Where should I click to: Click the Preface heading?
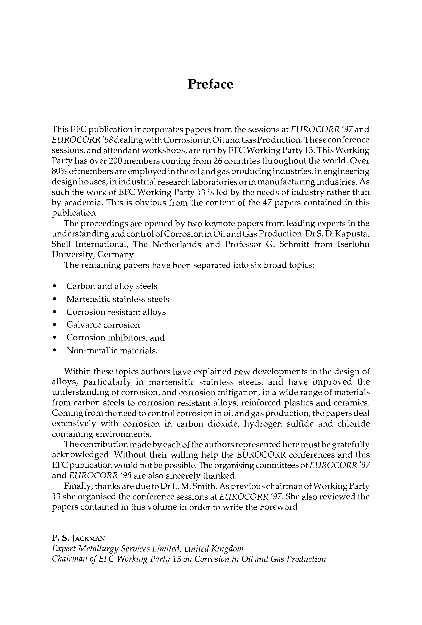click(x=210, y=84)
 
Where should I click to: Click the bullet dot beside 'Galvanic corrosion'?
click(x=54, y=325)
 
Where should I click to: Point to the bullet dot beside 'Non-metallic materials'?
click(x=54, y=351)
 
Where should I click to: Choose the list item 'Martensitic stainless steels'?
click(x=118, y=299)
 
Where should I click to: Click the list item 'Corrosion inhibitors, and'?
click(x=115, y=338)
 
